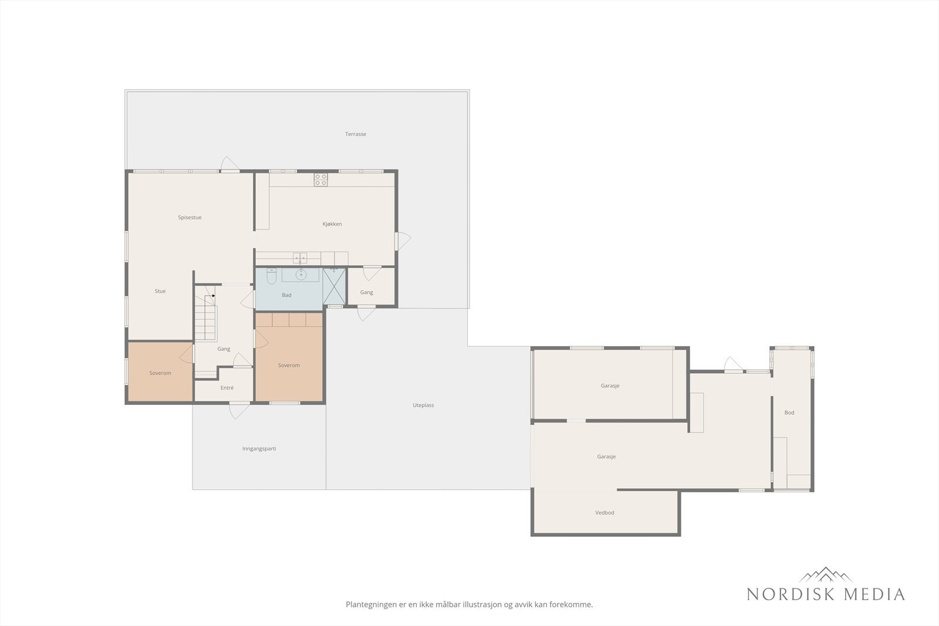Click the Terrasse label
pyautogui.click(x=356, y=134)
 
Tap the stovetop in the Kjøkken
pyautogui.click(x=320, y=180)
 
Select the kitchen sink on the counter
pyautogui.click(x=300, y=258)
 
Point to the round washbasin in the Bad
pyautogui.click(x=300, y=275)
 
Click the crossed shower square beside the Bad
pyautogui.click(x=334, y=287)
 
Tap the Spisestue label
pyautogui.click(x=190, y=218)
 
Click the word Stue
pyautogui.click(x=160, y=291)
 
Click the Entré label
pyautogui.click(x=227, y=388)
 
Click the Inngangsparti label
pyautogui.click(x=259, y=449)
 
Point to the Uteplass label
pyautogui.click(x=423, y=405)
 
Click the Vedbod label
pyautogui.click(x=604, y=512)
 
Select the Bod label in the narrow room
pyautogui.click(x=789, y=412)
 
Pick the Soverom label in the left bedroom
pyautogui.click(x=160, y=373)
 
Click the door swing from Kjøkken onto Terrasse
pyautogui.click(x=403, y=241)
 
